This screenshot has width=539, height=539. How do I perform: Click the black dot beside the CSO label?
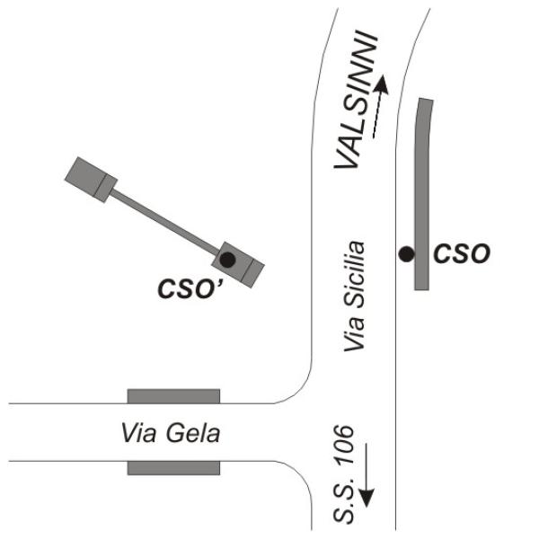coord(406,254)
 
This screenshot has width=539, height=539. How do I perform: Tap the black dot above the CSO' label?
coord(227,260)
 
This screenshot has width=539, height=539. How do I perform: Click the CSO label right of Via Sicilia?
coord(462,253)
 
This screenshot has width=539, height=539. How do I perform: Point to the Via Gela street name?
coord(171,433)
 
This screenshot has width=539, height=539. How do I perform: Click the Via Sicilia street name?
coord(354,296)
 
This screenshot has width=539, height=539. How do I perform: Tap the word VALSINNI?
coord(356,100)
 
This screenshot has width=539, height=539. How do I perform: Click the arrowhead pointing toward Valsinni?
coord(382,84)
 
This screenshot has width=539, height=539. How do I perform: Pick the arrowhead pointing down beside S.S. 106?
coord(367,498)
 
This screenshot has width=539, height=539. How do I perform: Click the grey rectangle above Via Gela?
coord(173,396)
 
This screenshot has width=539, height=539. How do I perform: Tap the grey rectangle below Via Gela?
coord(173,468)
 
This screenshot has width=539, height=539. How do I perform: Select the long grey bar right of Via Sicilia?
coord(422,194)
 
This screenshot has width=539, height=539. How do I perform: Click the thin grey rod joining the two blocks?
coord(165,222)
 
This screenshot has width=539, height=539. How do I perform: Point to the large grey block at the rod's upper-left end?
coord(91,180)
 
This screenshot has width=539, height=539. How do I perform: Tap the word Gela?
coord(193,433)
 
